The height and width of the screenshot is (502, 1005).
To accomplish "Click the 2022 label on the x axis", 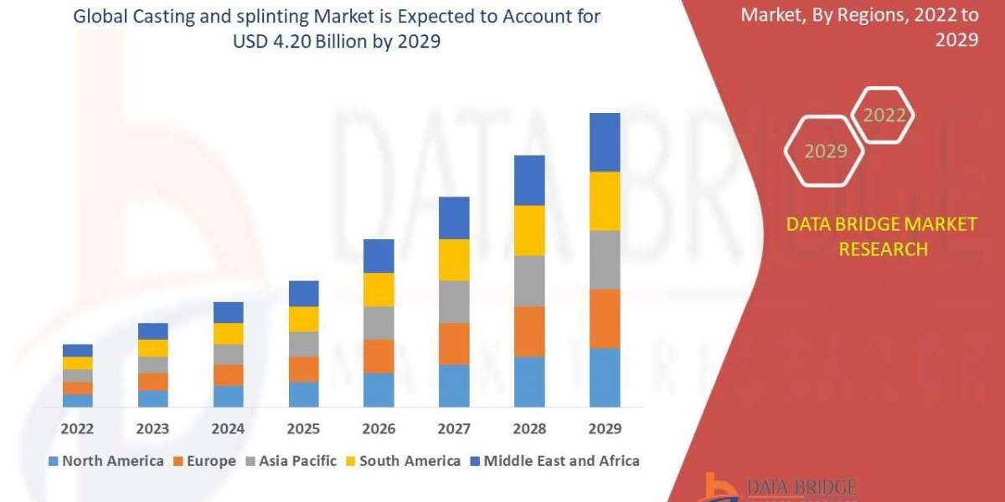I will point(77,429).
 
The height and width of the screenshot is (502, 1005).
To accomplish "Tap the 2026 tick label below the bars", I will point(379,429).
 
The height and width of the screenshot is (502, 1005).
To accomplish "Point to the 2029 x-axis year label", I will point(605,429).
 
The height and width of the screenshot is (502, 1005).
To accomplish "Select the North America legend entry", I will point(106,461).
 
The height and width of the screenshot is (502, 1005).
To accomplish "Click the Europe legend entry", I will point(205,461).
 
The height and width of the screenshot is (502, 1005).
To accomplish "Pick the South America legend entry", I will point(403,461).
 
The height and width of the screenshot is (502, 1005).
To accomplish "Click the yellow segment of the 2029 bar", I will point(605,201).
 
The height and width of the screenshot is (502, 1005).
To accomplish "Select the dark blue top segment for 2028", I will point(529,180).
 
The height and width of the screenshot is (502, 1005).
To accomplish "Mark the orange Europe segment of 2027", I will point(454,344).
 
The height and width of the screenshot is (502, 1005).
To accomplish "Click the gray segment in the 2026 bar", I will point(379,323).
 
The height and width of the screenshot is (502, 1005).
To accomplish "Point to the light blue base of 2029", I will point(605,377).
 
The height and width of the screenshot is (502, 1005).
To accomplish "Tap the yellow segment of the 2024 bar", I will point(228,334).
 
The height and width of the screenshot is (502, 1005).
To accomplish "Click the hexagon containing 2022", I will point(884,115).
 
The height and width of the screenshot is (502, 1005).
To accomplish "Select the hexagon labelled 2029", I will point(825,151).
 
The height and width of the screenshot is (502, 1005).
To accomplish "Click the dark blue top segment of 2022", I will point(77,351).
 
